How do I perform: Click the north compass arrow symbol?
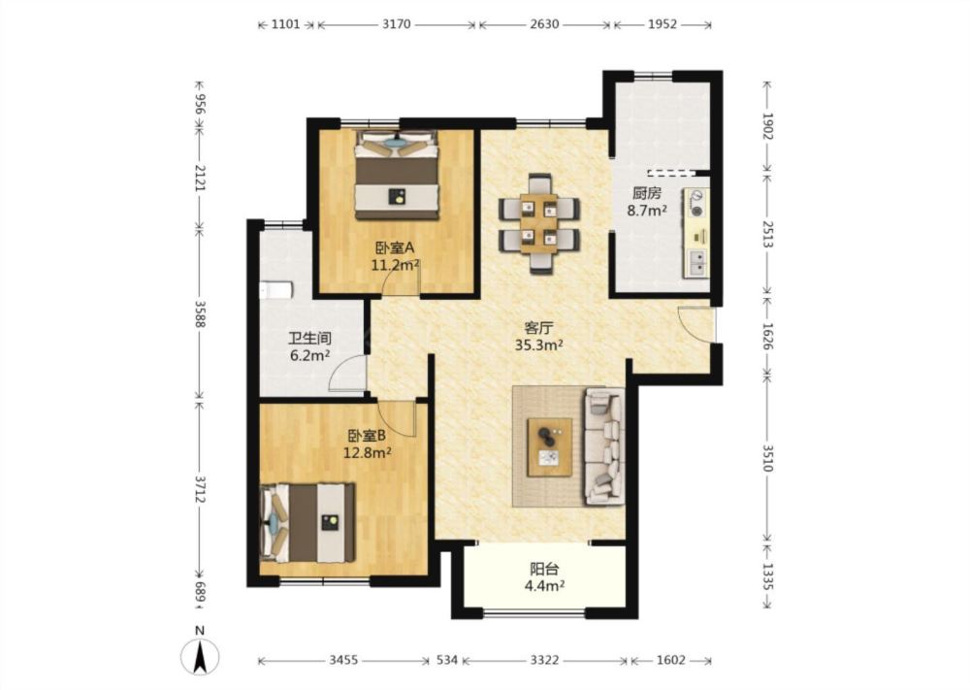[199, 657]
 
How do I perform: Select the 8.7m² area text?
[647, 211]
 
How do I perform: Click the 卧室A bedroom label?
[395, 248]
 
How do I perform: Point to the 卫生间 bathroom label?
[310, 339]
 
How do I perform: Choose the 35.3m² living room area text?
[538, 345]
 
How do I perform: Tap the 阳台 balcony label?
[544, 568]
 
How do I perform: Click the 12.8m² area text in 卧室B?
[368, 453]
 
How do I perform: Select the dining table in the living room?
[538, 223]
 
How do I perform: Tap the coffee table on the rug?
[549, 447]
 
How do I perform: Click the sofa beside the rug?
[603, 445]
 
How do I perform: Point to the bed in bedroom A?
[397, 175]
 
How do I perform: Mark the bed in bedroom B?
[307, 523]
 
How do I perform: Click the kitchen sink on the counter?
[696, 262]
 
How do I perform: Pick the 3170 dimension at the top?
[396, 25]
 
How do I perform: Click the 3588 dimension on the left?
[200, 315]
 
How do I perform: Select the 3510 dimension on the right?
[767, 458]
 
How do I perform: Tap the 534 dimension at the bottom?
[447, 660]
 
